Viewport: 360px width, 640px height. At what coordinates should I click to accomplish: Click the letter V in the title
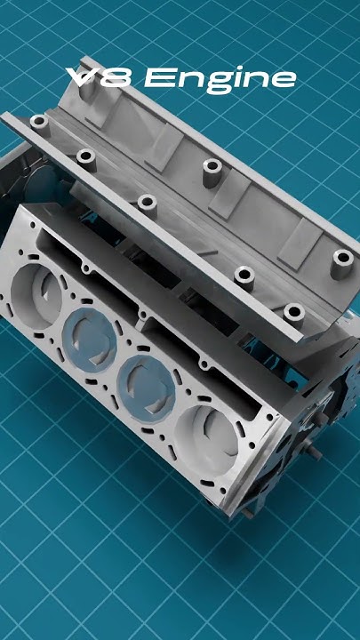[x=84, y=79]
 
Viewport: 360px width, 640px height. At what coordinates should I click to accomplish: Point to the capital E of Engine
[x=158, y=79]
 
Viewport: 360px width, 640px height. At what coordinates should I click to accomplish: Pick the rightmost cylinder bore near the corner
[x=208, y=438]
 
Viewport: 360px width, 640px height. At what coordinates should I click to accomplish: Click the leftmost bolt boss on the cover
[x=38, y=122]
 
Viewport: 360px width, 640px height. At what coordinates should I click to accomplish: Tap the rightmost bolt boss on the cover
[x=342, y=260]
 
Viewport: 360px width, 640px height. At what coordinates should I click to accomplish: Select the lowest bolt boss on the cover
[x=292, y=313]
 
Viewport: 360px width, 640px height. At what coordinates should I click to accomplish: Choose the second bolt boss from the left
[x=85, y=158]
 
